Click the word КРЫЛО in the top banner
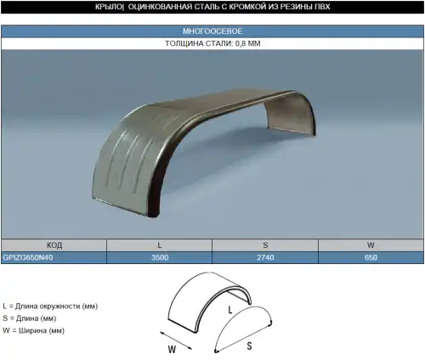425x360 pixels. point(108,7)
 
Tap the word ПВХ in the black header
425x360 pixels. point(322,7)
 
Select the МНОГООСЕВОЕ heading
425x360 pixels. point(212,31)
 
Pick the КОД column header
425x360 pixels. point(54,245)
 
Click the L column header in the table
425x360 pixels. point(160,245)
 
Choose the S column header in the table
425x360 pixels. point(265,245)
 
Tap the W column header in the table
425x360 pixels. point(371,245)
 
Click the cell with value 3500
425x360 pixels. point(160,257)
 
